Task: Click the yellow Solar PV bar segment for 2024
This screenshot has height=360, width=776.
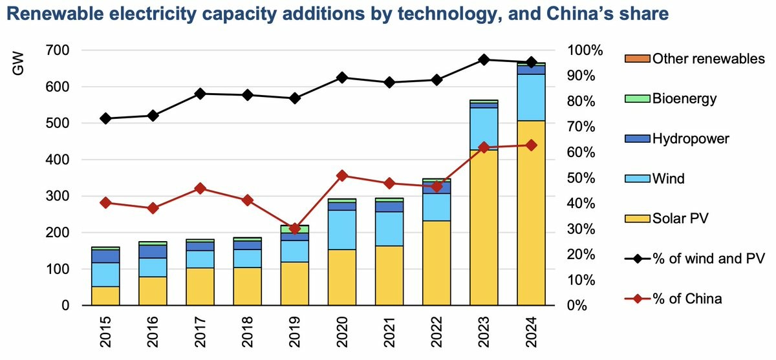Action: (531, 213)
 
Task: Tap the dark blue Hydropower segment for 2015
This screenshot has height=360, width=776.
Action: (105, 256)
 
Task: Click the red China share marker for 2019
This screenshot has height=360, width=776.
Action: (294, 228)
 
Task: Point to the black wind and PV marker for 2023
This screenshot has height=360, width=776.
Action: (484, 59)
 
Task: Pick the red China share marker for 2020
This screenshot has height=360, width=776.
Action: (341, 175)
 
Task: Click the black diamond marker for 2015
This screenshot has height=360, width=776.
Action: (105, 118)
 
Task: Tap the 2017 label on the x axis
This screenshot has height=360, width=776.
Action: (200, 332)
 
